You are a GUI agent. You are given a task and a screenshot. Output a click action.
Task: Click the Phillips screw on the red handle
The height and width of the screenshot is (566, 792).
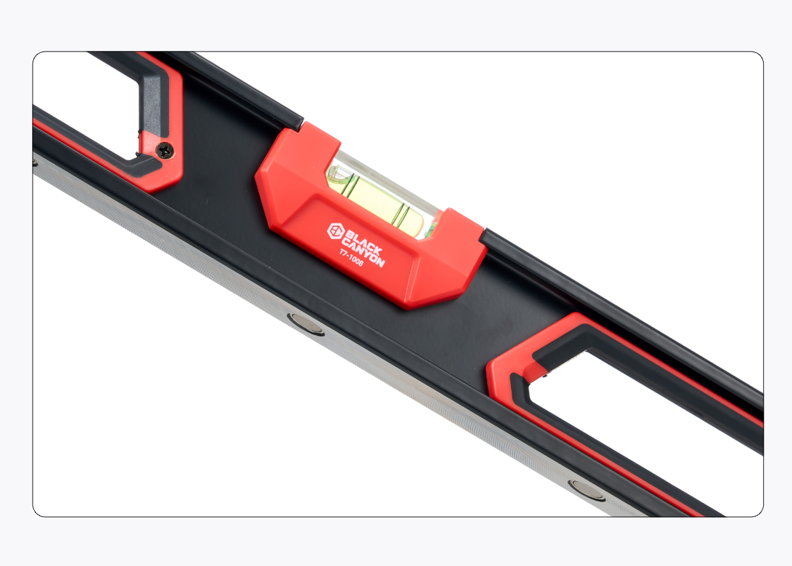tap(165, 151)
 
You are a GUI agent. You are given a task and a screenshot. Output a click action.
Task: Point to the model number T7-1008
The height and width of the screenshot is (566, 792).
tap(351, 258)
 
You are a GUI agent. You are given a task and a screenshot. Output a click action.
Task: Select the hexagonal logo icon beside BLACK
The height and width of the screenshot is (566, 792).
tap(336, 231)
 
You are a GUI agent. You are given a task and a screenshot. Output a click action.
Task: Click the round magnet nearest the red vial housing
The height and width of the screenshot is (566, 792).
tap(307, 323)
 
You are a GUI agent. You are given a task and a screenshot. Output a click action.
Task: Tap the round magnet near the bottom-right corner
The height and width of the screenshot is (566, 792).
tap(587, 491)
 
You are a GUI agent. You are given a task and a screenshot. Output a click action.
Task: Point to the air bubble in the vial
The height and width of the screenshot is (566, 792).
tap(339, 176)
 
